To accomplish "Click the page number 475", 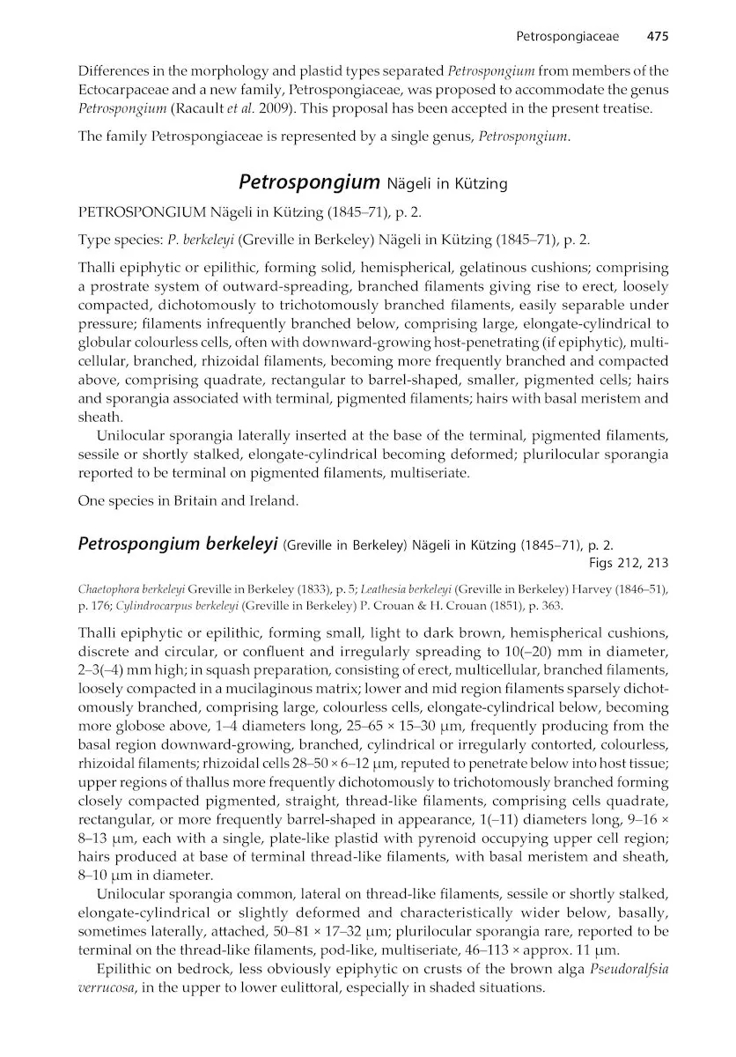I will (659, 37).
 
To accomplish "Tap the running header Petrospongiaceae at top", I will (567, 37).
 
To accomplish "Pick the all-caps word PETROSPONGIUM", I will (143, 212).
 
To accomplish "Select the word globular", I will (105, 343).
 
